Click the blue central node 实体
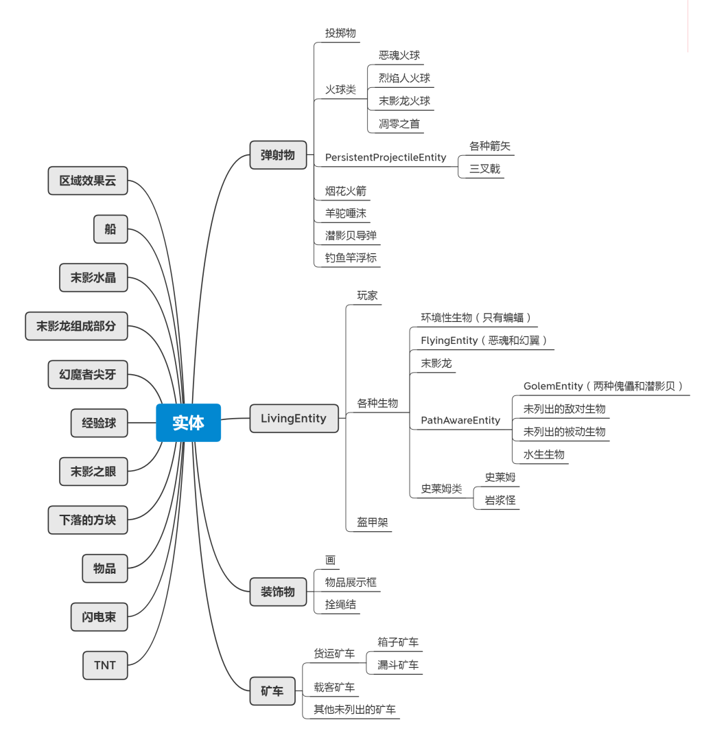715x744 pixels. click(188, 423)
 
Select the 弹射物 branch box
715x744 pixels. click(277, 155)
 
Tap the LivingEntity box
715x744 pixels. click(294, 419)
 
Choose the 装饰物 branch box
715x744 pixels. click(277, 592)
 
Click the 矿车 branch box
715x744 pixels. click(272, 691)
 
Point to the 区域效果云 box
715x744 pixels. click(88, 181)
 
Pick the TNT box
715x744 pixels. click(105, 665)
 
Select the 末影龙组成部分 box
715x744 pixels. click(76, 326)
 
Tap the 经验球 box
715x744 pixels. click(99, 423)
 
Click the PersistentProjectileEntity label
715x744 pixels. click(385, 158)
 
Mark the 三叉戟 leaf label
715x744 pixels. click(484, 169)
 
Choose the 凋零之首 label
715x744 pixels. click(399, 124)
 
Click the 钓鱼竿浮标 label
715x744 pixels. click(351, 258)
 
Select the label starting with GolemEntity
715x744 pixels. click(602, 386)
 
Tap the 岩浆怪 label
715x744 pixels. click(500, 500)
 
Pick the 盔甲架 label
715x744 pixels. click(372, 522)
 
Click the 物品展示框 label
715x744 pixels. click(351, 583)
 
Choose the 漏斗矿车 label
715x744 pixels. click(397, 665)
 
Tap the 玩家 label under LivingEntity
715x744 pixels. click(367, 296)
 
